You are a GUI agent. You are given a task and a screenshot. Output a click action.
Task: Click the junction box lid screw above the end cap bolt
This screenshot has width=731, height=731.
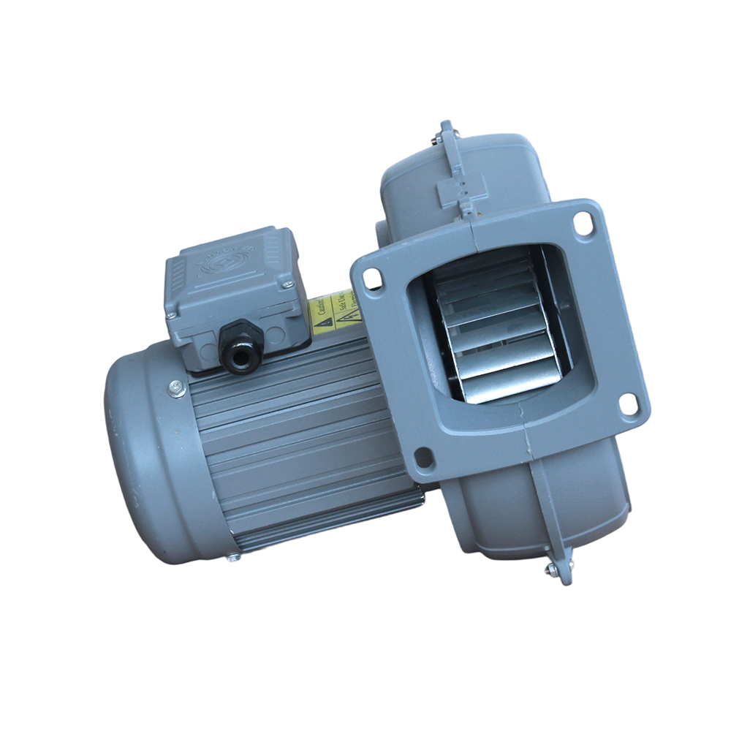pos(170,316)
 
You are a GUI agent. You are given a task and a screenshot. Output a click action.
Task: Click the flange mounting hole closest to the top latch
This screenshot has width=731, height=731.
pos(583,223)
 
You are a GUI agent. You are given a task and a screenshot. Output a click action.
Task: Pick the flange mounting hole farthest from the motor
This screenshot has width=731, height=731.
pos(627,404)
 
